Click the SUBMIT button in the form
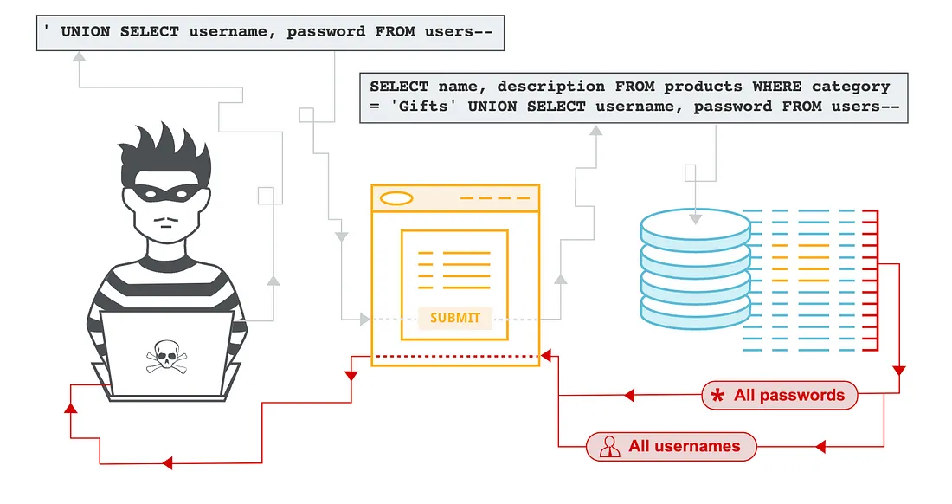click(x=454, y=318)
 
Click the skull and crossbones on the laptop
click(x=166, y=357)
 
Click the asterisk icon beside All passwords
click(x=717, y=396)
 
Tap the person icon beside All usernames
click(x=609, y=447)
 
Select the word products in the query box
click(x=703, y=87)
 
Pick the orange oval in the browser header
click(x=396, y=198)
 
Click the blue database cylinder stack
click(x=696, y=268)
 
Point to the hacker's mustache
click(x=166, y=219)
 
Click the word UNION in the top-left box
click(x=86, y=31)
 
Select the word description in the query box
click(x=551, y=87)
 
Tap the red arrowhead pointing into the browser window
click(x=546, y=356)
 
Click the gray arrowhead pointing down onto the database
click(x=696, y=218)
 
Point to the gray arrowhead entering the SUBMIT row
click(x=365, y=319)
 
